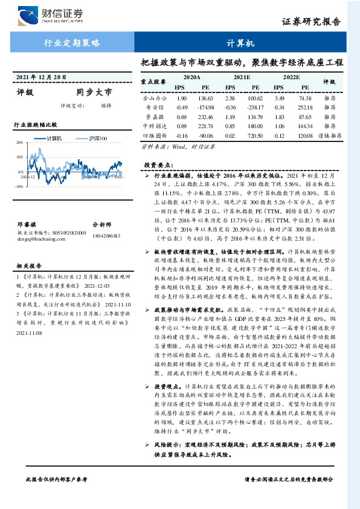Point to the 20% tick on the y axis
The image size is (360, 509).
[x=19, y=143]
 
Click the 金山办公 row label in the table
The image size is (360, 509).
[x=153, y=98]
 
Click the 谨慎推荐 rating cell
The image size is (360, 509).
[x=330, y=136]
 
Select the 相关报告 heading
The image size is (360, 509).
[x=27, y=265]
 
